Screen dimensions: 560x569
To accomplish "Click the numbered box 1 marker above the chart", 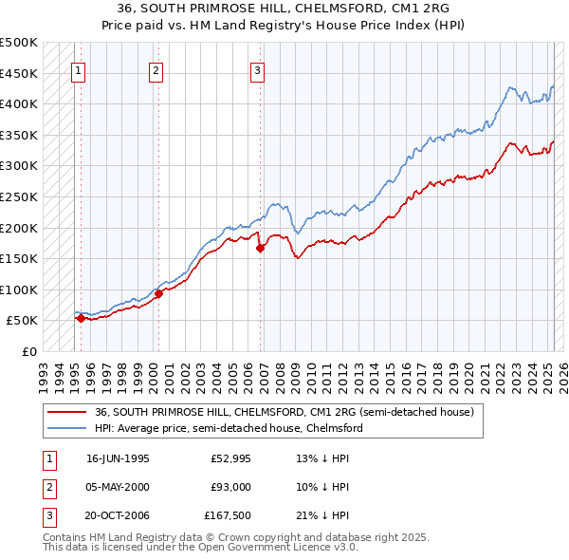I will coord(78,69).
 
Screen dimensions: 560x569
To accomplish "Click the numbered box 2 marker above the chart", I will coord(156,69).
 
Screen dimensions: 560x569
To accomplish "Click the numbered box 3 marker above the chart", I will coord(258,69).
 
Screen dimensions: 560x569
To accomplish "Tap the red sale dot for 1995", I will coord(81,319).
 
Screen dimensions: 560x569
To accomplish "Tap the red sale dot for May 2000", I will coord(158,294).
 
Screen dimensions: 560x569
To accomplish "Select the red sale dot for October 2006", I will coord(260,249).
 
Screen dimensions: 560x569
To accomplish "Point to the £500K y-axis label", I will coord(19,43).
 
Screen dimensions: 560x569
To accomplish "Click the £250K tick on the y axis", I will coord(19,196).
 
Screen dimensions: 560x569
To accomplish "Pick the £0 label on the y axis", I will coord(29,351).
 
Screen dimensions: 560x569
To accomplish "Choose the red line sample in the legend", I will coord(66,412).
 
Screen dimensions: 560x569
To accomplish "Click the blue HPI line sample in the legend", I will coord(66,428).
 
